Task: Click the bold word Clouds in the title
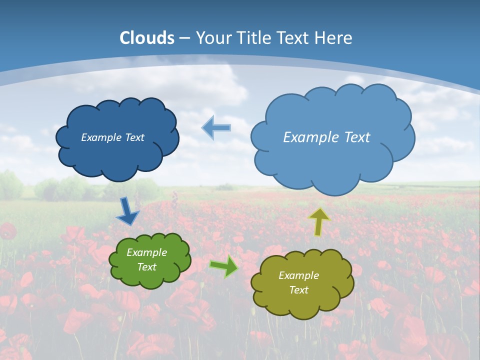147,38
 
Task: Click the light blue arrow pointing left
216,128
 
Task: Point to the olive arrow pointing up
319,221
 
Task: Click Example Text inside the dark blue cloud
112,137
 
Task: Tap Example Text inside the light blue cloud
326,137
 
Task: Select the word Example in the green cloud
146,252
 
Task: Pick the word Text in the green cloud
146,267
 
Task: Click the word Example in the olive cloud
298,275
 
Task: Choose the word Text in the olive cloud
298,290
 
